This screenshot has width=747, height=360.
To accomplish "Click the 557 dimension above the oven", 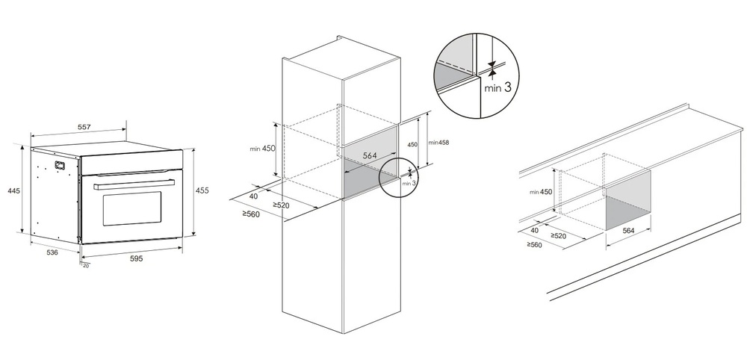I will click(84, 128).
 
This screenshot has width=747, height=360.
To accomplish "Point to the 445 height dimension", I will click(13, 191).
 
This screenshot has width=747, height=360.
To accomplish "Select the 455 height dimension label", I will click(202, 190).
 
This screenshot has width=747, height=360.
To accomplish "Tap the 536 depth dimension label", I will click(52, 252).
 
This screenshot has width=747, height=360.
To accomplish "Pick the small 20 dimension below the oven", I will click(85, 265).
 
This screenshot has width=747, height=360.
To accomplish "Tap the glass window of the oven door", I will click(131, 208).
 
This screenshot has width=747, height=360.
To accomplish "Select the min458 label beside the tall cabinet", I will click(438, 142).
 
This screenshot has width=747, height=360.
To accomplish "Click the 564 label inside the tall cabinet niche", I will click(368, 155).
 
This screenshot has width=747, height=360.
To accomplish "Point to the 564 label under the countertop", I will click(628, 231).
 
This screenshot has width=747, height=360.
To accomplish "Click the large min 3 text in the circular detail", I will click(498, 87).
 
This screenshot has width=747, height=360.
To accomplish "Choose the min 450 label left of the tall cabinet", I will click(262, 149).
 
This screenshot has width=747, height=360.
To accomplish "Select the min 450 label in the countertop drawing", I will click(540, 192).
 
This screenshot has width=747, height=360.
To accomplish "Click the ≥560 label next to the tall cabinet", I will click(250, 214).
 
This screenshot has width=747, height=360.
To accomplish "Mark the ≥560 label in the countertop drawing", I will click(534, 244).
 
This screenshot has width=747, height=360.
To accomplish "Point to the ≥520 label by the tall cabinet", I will click(281, 205).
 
